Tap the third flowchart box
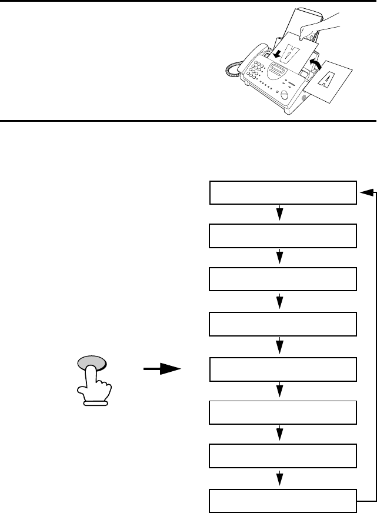(283, 279)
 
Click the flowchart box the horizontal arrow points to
(283, 369)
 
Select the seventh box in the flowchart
(283, 455)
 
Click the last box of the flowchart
(283, 499)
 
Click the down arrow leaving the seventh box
(281, 478)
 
